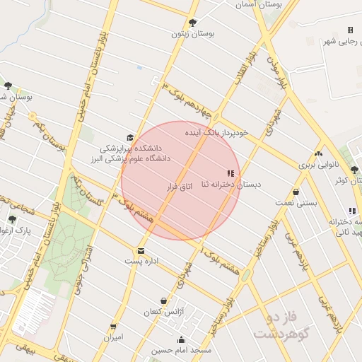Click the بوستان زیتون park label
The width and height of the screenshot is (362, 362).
(193, 33)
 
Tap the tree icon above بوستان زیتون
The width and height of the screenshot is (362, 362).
(193, 23)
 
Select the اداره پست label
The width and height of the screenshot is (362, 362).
(140, 261)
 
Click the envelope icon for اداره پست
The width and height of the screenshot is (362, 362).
(141, 251)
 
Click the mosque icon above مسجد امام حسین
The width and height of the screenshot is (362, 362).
(182, 339)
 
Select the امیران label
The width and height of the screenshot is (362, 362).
(114, 337)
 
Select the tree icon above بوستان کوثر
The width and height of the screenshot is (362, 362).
(354, 170)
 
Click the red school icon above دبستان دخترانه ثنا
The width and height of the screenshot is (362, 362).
(229, 173)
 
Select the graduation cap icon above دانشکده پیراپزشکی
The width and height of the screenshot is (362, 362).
(129, 138)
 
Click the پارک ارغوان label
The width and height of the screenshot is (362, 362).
(24, 230)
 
